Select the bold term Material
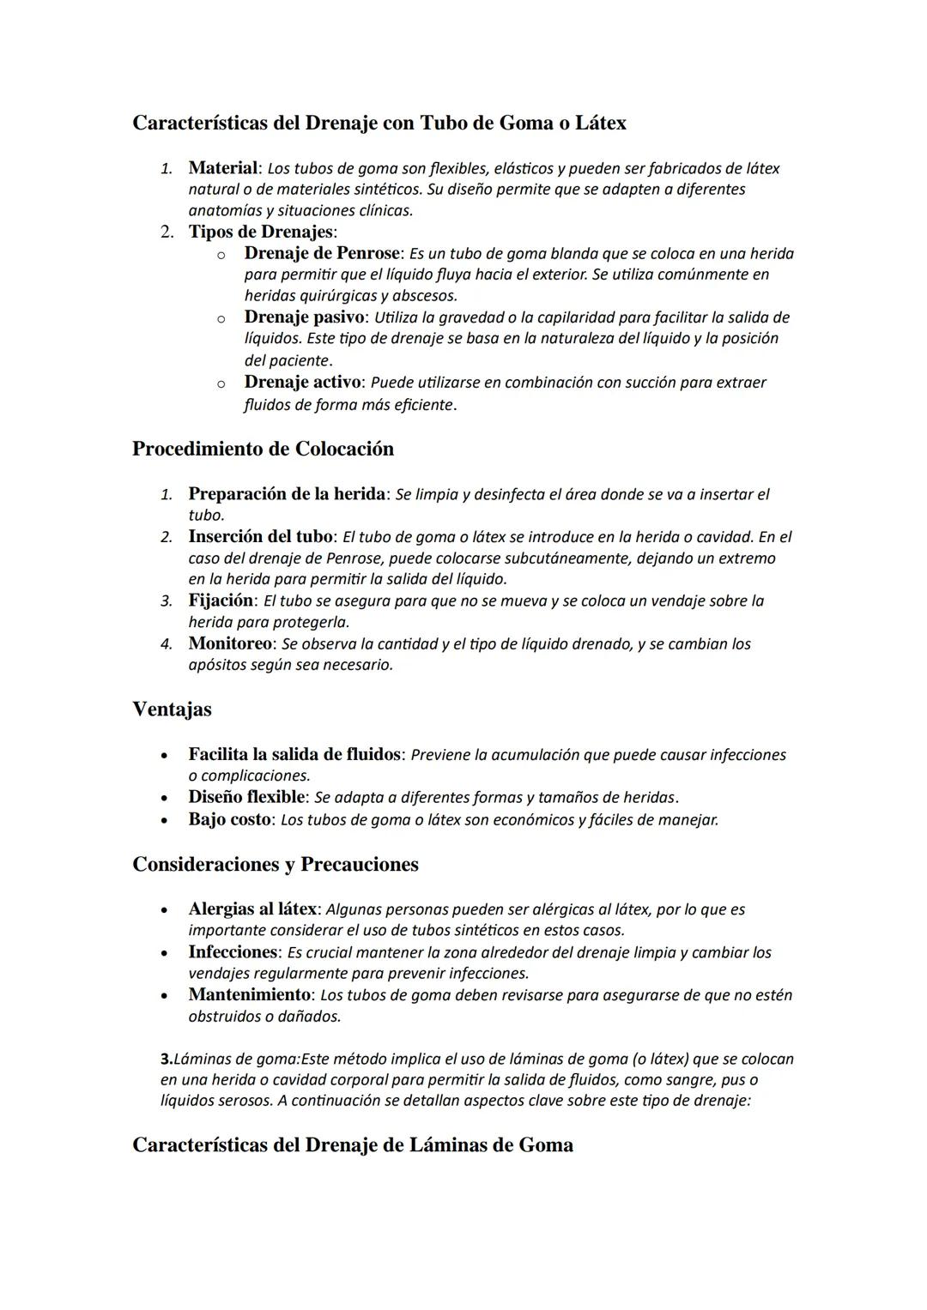click(222, 167)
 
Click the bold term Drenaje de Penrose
click(322, 253)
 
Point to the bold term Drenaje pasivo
click(300, 317)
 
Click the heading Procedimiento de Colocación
click(263, 449)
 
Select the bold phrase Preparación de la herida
click(286, 493)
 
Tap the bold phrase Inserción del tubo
click(259, 536)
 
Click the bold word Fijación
click(221, 600)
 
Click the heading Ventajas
click(172, 709)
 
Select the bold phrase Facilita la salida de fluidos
click(294, 754)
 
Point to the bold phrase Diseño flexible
click(246, 797)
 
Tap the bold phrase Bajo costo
click(228, 818)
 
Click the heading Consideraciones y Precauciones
click(275, 864)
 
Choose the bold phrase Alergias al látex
click(251, 909)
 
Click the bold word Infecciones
click(233, 951)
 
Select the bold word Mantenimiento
click(249, 994)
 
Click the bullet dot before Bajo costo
click(163, 819)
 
